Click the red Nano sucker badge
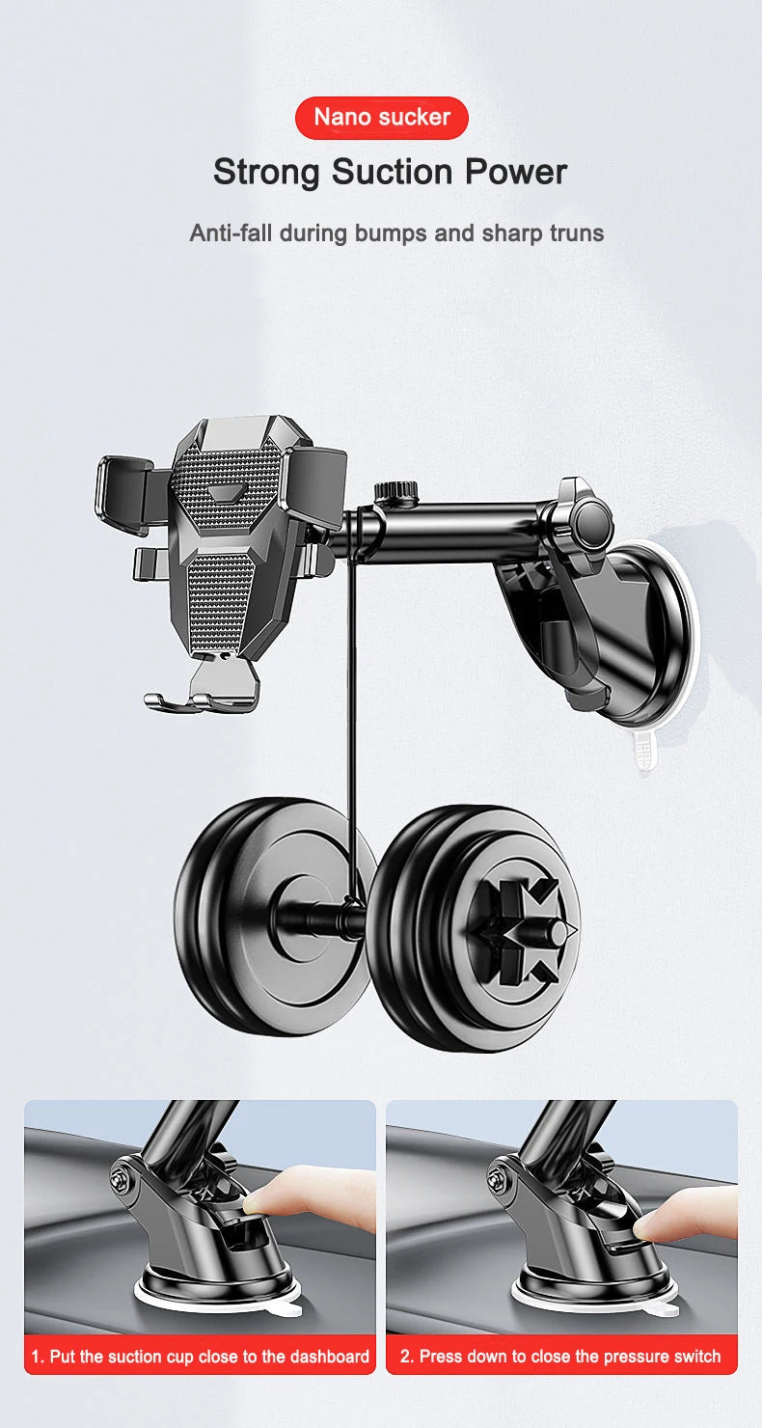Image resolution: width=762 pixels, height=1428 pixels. click(x=381, y=118)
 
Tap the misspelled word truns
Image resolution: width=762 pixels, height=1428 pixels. click(x=575, y=233)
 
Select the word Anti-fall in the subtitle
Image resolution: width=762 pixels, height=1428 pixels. click(x=228, y=233)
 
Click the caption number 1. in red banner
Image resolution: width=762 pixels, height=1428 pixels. click(x=38, y=1357)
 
